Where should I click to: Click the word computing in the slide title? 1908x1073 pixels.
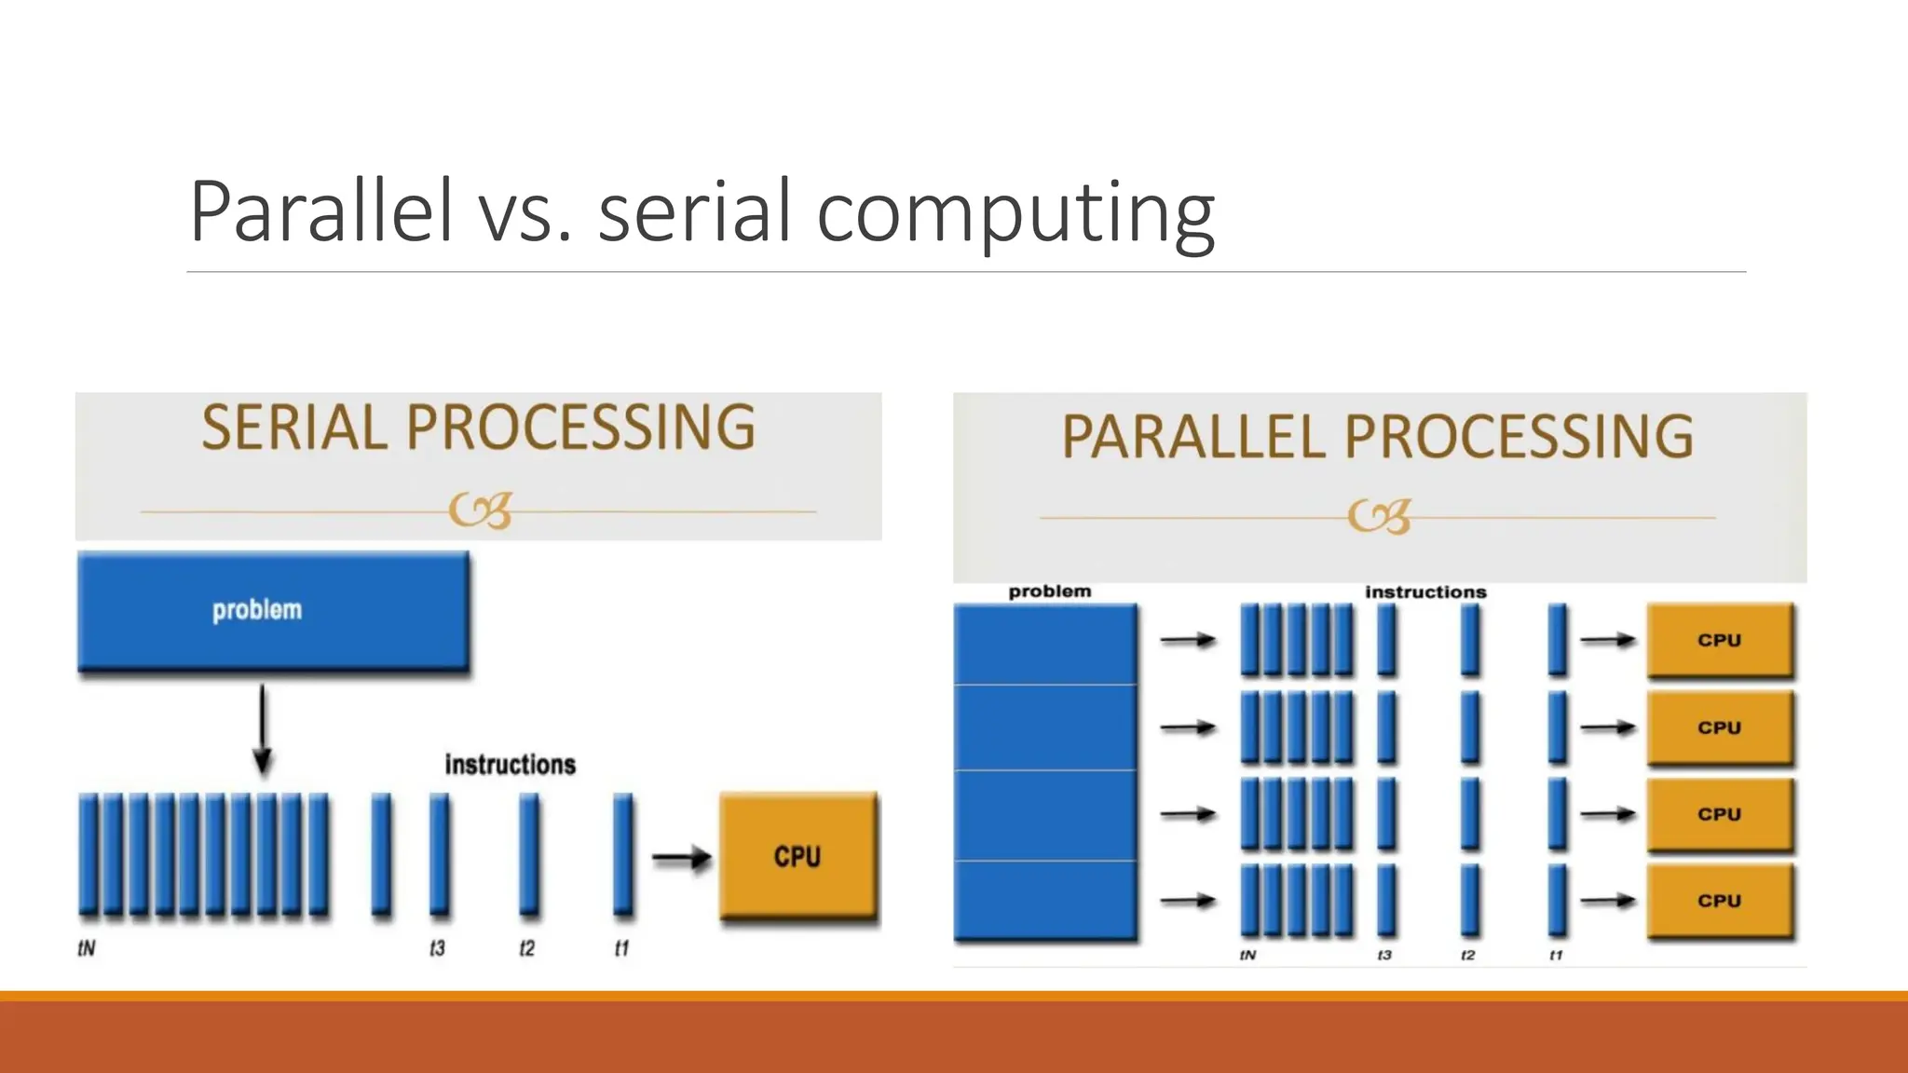click(x=1015, y=214)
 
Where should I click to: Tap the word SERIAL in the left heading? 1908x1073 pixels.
click(x=294, y=428)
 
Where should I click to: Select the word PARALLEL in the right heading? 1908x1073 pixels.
click(x=1192, y=436)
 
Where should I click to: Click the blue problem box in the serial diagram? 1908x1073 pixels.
click(x=273, y=610)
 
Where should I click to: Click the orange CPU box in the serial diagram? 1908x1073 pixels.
click(x=798, y=856)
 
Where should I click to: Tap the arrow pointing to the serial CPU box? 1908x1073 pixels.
click(x=681, y=857)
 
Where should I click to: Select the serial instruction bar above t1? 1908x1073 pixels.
click(x=623, y=852)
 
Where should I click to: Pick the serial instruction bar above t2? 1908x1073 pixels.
click(x=529, y=852)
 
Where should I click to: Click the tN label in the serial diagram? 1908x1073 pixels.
click(x=86, y=948)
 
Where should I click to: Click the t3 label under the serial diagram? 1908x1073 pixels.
click(x=437, y=948)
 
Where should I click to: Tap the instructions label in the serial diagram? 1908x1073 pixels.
click(x=510, y=765)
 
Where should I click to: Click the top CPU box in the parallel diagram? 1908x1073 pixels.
click(x=1720, y=640)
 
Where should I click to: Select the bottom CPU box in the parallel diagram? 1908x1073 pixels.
click(x=1720, y=901)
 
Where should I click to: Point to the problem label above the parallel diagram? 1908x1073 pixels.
click(x=1049, y=591)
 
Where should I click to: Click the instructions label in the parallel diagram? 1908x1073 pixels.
click(x=1425, y=592)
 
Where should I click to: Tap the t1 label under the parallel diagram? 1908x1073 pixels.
click(x=1556, y=956)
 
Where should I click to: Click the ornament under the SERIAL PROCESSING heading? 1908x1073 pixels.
click(x=480, y=510)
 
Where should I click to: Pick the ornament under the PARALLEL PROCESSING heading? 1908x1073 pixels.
click(x=1379, y=516)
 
